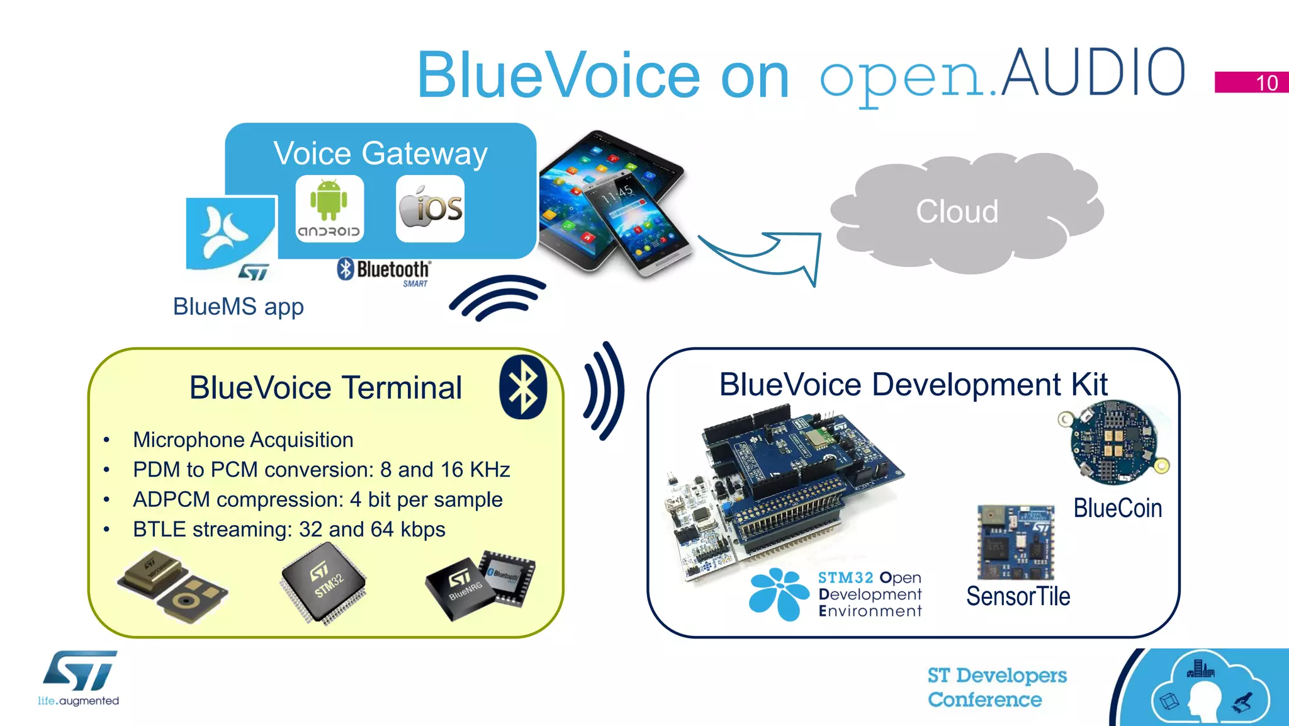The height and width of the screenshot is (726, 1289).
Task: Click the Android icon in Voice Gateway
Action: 329,208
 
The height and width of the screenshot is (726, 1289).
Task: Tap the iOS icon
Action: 431,208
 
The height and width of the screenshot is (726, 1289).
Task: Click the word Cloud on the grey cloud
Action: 957,212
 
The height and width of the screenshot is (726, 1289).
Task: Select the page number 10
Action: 1266,83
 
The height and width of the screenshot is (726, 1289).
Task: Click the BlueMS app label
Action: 239,307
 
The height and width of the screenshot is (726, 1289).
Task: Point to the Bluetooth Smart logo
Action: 384,272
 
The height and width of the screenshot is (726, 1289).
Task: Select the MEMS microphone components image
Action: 172,587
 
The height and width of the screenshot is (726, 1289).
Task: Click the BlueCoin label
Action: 1117,508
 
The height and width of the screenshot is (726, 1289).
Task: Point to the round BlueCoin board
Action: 1113,443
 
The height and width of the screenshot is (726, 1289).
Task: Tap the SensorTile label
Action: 1018,596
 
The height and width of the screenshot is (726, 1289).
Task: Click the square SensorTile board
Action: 1015,542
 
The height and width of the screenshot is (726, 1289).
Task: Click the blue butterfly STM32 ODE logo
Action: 779,594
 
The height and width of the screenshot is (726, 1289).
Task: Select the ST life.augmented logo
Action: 79,678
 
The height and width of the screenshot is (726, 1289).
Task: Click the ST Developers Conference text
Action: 996,688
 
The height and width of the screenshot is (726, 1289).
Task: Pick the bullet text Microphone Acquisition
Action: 243,440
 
